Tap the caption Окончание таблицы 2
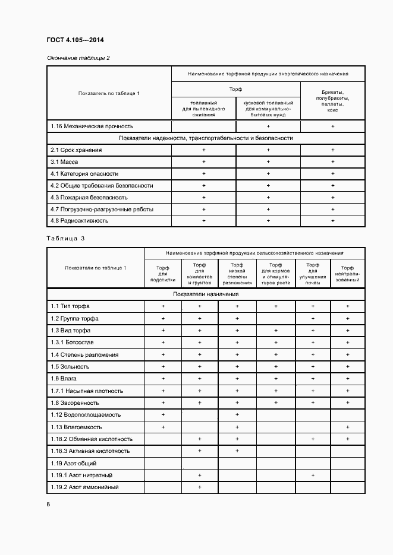point(78,58)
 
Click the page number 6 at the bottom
point(48,504)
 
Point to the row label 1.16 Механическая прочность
point(92,126)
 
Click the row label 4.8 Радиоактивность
point(79,220)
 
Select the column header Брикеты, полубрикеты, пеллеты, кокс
point(332,102)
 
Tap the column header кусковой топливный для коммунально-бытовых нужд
point(268,108)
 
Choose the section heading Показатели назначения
point(206,294)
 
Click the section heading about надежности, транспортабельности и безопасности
point(206,138)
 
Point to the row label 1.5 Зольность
point(70,367)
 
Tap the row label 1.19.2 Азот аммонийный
point(84,487)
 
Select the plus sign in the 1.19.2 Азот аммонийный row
point(200,487)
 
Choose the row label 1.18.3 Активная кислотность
point(90,451)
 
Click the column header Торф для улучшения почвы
point(313,274)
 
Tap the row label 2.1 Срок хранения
point(76,150)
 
